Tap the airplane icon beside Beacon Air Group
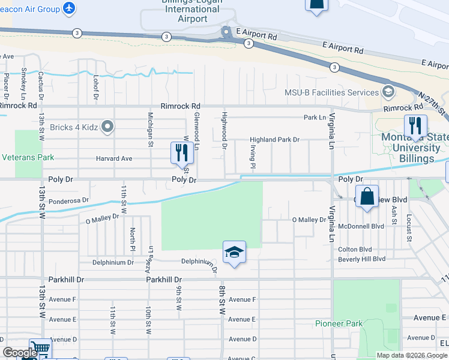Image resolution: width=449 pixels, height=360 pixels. [69, 8]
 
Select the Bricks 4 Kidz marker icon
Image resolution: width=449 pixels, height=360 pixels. [108, 127]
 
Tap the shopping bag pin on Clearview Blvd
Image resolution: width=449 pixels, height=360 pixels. [367, 196]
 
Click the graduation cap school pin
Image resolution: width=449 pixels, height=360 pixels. [234, 252]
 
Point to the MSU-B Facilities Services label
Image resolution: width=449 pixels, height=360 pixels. [331, 92]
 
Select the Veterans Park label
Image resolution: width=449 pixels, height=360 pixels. [27, 158]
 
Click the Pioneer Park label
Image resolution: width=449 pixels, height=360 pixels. [339, 323]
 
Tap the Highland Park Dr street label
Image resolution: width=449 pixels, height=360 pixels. [274, 140]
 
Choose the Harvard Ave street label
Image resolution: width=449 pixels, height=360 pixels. [114, 159]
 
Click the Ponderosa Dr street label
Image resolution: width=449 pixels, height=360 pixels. [68, 201]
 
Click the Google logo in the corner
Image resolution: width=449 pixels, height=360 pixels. [19, 353]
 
